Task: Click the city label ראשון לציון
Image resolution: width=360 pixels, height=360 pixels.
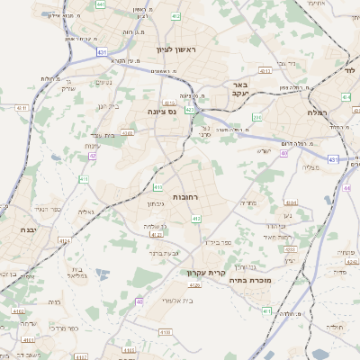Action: (175, 50)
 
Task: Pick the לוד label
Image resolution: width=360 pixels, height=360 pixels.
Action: (349, 68)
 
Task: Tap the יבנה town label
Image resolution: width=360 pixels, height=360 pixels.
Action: (15, 230)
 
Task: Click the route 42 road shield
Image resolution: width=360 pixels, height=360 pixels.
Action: (92, 156)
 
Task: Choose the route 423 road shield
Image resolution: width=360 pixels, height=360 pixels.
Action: (190, 110)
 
